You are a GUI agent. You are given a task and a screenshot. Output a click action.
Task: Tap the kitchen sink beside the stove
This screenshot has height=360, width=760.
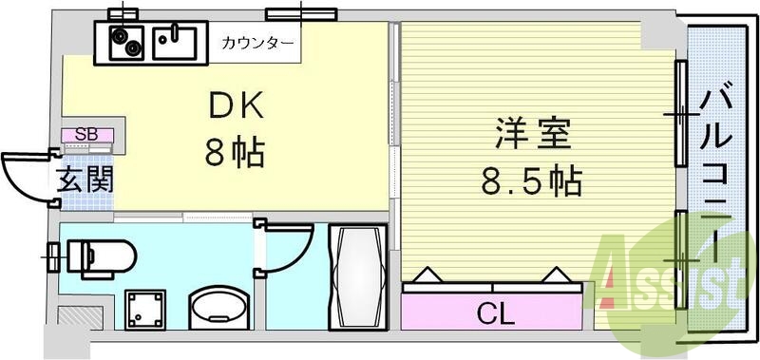[x=179, y=41]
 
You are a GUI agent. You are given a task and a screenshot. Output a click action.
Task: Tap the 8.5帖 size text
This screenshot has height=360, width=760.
[x=530, y=180]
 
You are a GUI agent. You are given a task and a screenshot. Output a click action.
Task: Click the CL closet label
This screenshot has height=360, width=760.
[x=491, y=310]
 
